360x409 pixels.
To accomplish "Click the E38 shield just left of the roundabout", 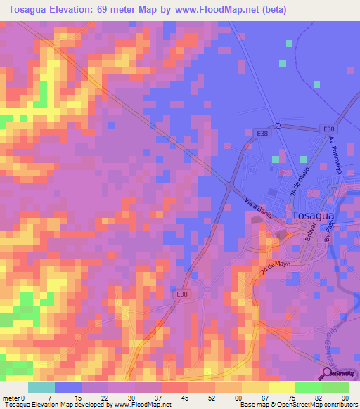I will (x=262, y=133).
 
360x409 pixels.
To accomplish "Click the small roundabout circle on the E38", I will (x=278, y=126).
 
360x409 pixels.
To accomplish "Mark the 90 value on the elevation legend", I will (x=345, y=398).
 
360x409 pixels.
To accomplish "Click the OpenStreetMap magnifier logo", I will (x=327, y=373).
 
